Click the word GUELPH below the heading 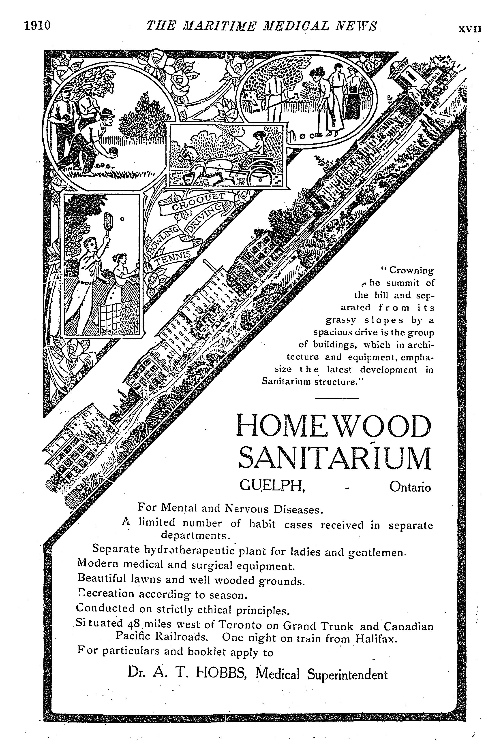[272, 486]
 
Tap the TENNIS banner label [173, 258]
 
